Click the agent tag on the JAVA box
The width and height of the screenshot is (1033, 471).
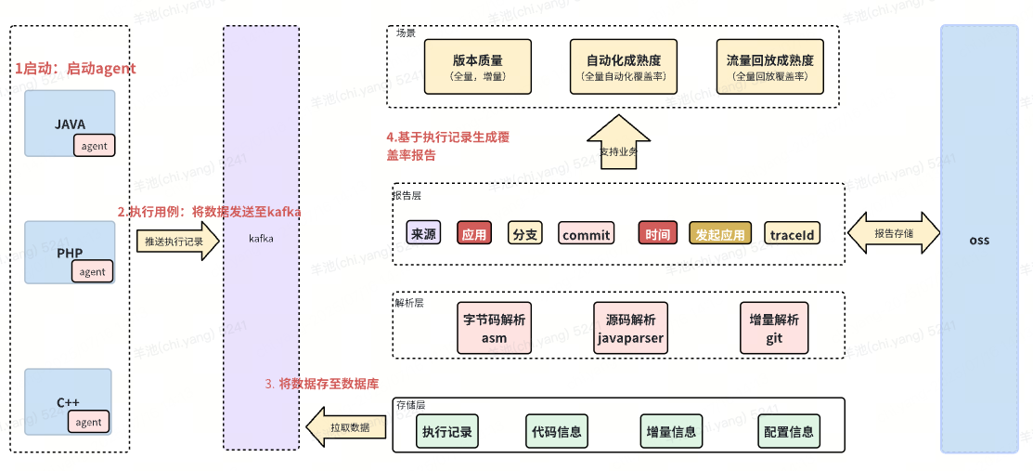tap(94, 145)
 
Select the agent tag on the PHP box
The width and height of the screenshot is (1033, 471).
tap(92, 271)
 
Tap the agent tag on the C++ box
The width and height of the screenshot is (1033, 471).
tap(88, 421)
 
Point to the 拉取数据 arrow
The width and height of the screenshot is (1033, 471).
tap(345, 428)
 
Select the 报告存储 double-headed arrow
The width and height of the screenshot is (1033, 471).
tap(892, 233)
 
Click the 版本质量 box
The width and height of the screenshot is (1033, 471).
tap(477, 67)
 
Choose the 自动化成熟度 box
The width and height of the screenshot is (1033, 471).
tap(624, 67)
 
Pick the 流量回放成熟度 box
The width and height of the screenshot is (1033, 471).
tap(770, 67)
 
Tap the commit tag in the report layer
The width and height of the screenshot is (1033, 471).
tap(586, 234)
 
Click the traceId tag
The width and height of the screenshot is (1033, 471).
tap(792, 234)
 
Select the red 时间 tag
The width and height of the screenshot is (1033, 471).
tap(657, 234)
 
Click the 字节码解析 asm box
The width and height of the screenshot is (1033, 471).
tap(494, 327)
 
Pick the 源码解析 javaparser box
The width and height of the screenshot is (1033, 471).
tap(629, 327)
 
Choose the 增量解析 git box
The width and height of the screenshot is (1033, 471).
tap(774, 327)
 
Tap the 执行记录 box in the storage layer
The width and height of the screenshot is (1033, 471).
tap(446, 431)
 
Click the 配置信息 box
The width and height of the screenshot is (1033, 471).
tap(788, 431)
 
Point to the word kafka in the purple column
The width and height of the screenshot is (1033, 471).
tap(261, 239)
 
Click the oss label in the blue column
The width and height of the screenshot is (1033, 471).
tap(979, 240)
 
